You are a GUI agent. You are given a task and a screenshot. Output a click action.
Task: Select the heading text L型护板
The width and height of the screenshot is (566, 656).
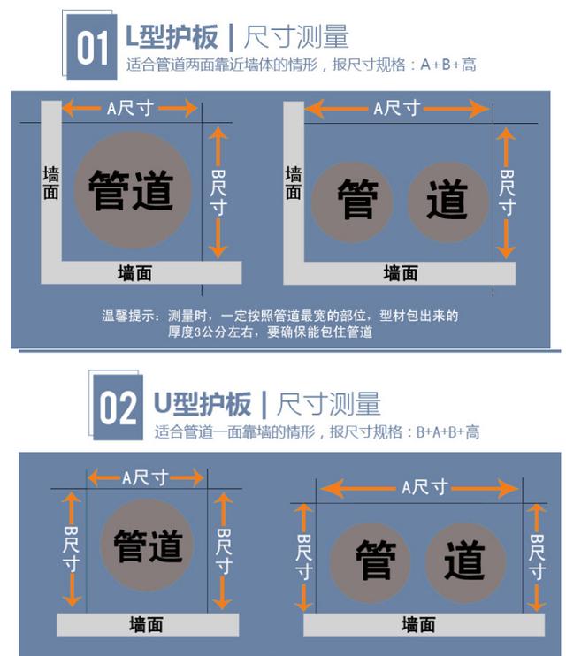tap(172, 36)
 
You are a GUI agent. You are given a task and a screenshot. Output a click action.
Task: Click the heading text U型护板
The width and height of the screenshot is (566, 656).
tap(203, 404)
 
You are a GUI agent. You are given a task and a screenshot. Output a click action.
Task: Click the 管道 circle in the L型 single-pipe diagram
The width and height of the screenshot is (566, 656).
tap(131, 190)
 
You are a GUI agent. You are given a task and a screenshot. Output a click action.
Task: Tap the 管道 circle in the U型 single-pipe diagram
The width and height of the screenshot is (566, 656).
tap(148, 544)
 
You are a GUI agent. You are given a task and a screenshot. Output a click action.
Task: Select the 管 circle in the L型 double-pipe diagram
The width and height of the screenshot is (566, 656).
tap(357, 201)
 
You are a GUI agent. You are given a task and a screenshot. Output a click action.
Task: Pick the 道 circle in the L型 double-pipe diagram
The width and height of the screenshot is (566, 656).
tap(447, 201)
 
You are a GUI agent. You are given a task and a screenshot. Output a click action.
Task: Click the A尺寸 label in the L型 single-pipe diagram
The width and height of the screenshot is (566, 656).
tap(130, 108)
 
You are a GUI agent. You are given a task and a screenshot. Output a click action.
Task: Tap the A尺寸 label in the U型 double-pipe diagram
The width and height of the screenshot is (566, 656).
tap(418, 487)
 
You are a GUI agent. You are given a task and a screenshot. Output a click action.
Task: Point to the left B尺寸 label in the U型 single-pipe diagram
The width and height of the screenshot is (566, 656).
tap(72, 550)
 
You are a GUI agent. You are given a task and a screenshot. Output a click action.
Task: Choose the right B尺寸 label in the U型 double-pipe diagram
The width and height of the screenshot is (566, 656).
tap(536, 557)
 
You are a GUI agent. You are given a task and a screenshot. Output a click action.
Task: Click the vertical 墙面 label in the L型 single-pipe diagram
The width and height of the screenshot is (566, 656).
tap(50, 182)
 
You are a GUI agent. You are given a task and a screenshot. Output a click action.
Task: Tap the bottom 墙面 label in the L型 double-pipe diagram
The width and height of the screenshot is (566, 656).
tap(400, 273)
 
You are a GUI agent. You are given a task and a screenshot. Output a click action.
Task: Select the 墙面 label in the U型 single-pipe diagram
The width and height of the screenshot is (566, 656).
tap(146, 624)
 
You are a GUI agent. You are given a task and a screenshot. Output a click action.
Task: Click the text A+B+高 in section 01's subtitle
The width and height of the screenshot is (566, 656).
tap(448, 65)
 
